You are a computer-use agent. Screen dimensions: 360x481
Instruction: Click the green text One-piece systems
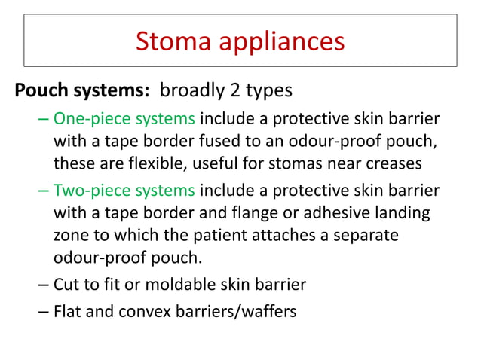[x=124, y=120]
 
